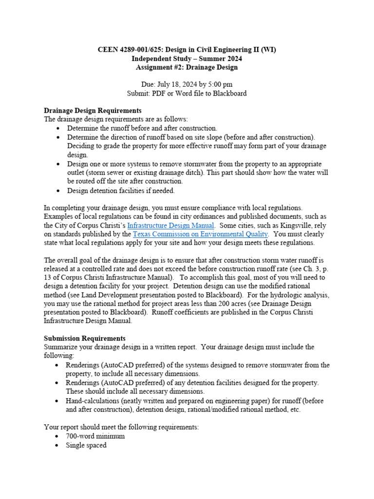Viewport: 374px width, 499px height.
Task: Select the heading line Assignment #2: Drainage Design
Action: click(187, 67)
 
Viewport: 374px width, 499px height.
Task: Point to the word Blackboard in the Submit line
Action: click(229, 93)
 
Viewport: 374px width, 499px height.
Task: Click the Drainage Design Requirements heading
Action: click(93, 111)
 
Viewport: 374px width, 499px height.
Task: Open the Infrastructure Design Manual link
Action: click(170, 225)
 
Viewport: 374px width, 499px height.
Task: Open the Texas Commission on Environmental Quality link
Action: click(200, 234)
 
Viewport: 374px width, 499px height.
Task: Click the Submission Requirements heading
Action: click(85, 338)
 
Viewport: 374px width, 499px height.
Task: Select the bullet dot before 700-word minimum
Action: click(58, 437)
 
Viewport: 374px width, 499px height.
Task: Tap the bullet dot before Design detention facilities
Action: click(58, 191)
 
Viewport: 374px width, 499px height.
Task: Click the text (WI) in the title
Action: click(267, 50)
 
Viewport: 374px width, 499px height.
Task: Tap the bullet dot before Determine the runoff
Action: click(58, 128)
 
